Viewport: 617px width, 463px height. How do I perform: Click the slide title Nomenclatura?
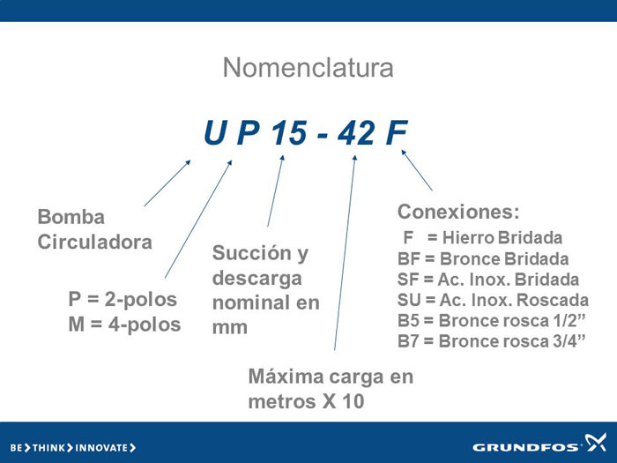(308, 68)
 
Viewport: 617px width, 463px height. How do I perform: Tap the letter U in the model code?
(215, 132)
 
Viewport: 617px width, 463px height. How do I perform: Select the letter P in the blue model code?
(249, 132)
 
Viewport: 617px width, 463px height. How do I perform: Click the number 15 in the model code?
(289, 132)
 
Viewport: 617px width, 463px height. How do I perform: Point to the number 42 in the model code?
(356, 132)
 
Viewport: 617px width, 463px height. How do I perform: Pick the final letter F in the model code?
(397, 132)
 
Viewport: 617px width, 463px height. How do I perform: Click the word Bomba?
(71, 217)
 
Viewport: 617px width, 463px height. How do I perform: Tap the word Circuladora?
(95, 242)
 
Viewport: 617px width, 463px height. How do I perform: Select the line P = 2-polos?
(123, 299)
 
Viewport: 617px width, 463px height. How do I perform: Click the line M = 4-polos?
(124, 325)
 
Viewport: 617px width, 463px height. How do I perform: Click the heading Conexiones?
(458, 212)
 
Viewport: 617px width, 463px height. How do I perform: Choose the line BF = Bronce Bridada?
(483, 259)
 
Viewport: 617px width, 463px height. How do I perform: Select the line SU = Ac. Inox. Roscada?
(493, 300)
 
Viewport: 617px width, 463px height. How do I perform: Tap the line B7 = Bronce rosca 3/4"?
(492, 341)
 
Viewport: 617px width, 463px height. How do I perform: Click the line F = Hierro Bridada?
(483, 238)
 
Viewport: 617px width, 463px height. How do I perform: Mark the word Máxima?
(286, 377)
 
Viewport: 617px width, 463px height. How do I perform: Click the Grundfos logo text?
(525, 447)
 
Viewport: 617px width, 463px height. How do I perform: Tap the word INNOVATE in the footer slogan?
(101, 448)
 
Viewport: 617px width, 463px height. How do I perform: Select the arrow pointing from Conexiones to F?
(417, 170)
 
